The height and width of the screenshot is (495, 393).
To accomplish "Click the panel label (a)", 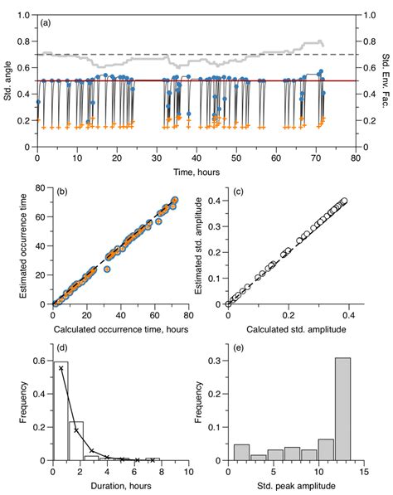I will (48, 24).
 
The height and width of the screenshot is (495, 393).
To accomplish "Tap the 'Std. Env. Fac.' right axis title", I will (384, 80).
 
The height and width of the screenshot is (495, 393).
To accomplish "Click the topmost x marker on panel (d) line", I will (61, 367).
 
